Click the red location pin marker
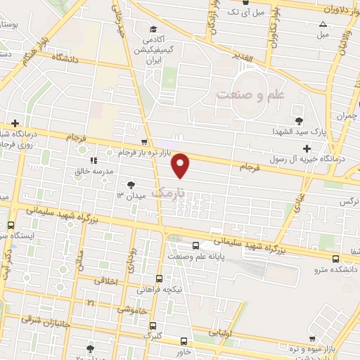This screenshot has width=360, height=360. point(181,165)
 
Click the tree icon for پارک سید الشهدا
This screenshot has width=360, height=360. point(300,121)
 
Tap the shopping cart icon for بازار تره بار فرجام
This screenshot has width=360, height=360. point(144,141)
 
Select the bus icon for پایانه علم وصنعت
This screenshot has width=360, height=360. point(195,246)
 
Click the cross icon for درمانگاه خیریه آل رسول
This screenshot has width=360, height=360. point(307,148)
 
